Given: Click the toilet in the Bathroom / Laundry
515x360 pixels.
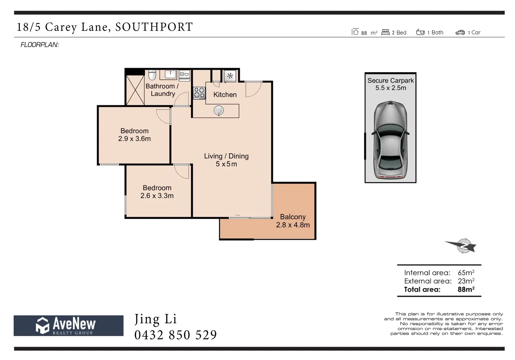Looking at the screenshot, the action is coord(152,75).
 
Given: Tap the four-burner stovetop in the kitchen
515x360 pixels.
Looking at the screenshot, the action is coord(199,93).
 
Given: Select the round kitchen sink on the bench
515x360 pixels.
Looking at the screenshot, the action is coord(219,111).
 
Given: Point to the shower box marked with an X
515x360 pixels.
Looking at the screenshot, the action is coord(135,90).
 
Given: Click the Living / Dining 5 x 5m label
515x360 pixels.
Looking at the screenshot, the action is coord(226,160).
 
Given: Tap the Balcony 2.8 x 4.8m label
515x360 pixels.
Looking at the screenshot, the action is coord(293,221).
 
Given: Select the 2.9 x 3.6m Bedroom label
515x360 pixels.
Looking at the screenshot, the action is coord(134,135).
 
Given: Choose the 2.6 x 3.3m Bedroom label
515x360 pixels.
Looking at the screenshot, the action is coord(157,192).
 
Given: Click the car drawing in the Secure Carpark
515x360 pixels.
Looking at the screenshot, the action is coord(390,140).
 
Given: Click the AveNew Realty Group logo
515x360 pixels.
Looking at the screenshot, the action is coord(68,326).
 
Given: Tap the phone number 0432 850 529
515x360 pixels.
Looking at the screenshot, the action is coord(176,335).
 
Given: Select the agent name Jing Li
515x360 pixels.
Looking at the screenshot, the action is coord(156,319).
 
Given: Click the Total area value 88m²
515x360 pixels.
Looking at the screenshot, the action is coord(466,289).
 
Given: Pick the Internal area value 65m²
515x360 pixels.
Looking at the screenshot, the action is coord(466,272).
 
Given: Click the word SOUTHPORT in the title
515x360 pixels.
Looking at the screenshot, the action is coord(154,27).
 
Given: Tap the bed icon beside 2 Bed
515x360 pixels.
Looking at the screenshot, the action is coord(385,32).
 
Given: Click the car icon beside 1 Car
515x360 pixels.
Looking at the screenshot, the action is coord(460,33).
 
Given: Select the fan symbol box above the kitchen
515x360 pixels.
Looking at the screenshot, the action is coord(230,76).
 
